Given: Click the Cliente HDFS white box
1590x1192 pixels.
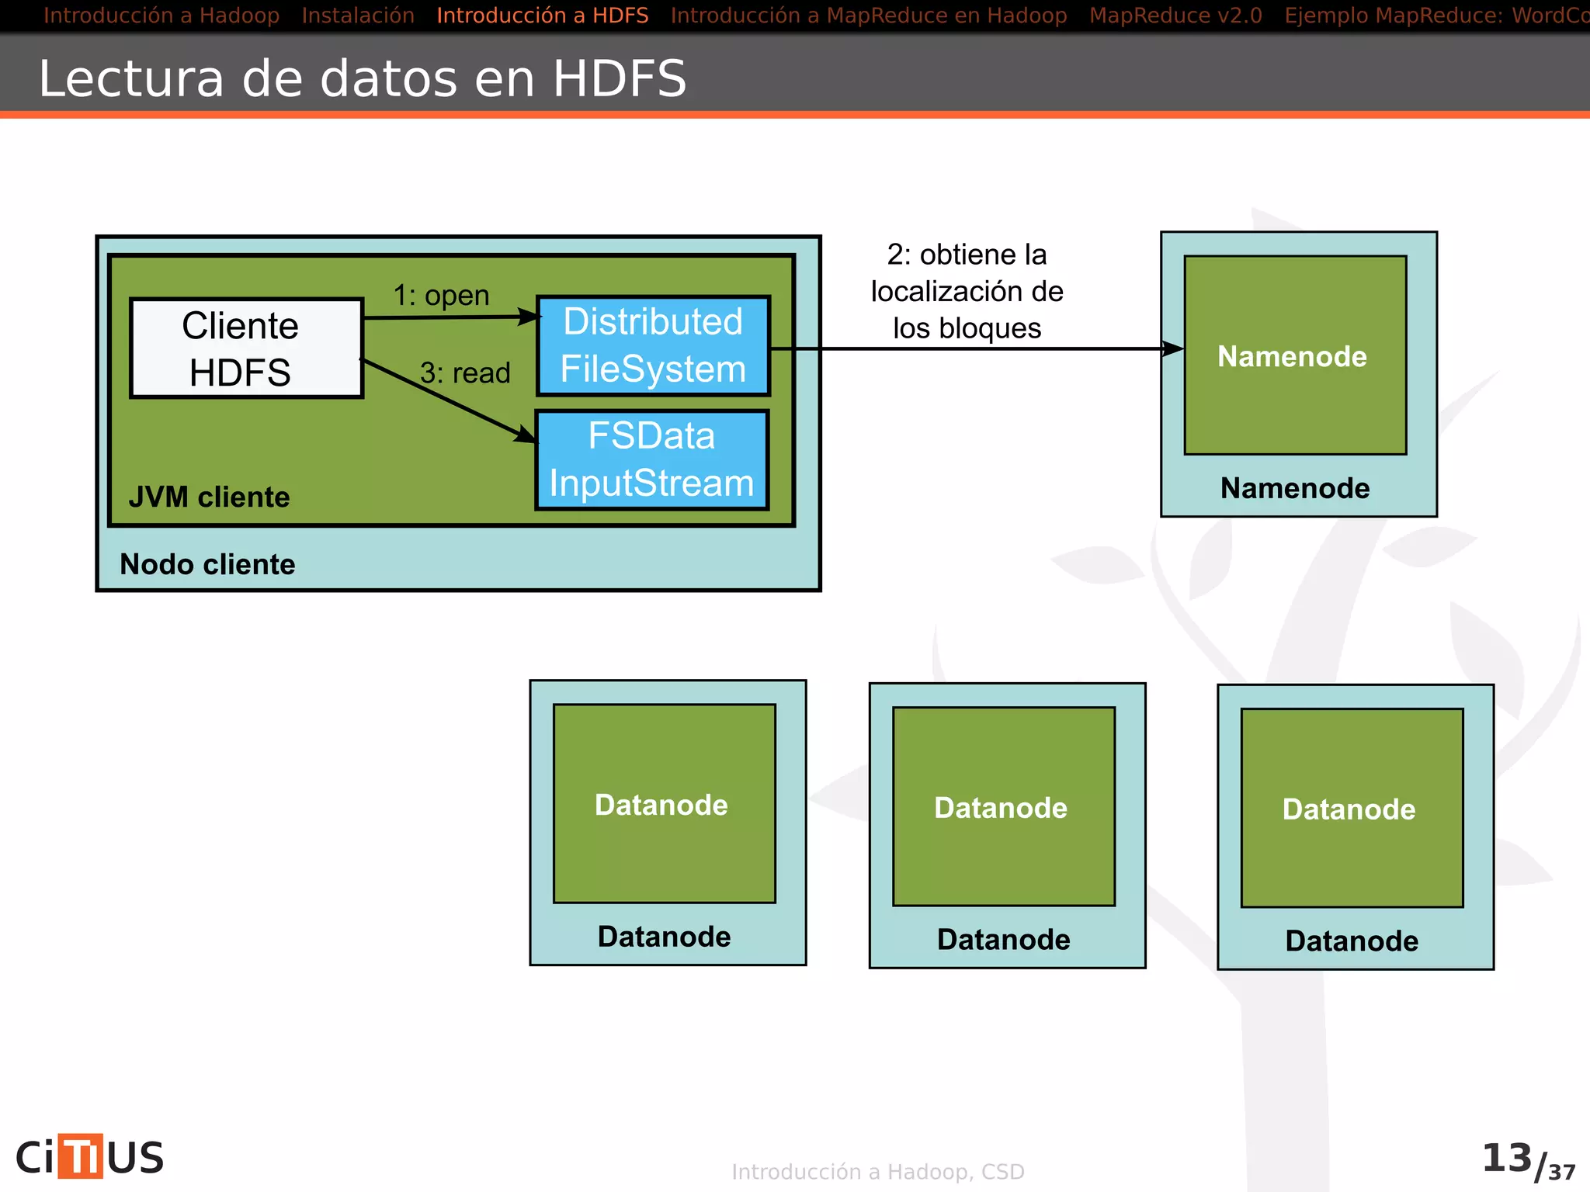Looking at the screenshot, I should (246, 348).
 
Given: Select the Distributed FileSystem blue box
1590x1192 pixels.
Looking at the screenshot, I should (653, 346).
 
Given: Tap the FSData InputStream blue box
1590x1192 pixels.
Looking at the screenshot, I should (651, 460).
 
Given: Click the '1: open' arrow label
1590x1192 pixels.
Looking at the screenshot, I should (441, 296).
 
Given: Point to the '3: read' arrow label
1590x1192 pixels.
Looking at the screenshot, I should (465, 373).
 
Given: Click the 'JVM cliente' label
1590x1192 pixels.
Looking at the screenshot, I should (209, 497).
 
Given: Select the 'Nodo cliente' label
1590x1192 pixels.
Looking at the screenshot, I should (207, 564).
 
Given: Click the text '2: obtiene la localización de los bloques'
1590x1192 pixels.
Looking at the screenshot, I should (967, 292).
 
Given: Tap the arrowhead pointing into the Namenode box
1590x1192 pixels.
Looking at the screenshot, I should (1173, 349).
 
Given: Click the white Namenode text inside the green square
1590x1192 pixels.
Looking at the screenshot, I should (1292, 356).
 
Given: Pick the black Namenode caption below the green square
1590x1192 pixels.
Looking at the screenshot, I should (1295, 488).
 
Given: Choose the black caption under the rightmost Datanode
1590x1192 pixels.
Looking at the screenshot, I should (1352, 941).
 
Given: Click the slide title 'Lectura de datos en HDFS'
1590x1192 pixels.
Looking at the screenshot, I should (363, 78).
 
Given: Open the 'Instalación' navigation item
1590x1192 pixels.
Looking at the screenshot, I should (358, 16).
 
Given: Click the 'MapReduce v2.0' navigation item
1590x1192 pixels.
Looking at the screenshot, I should (1175, 16).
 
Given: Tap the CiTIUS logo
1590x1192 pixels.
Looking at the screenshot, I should (90, 1157).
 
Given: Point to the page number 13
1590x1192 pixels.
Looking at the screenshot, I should (1506, 1158).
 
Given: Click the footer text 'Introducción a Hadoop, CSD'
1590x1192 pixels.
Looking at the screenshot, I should (878, 1172).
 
